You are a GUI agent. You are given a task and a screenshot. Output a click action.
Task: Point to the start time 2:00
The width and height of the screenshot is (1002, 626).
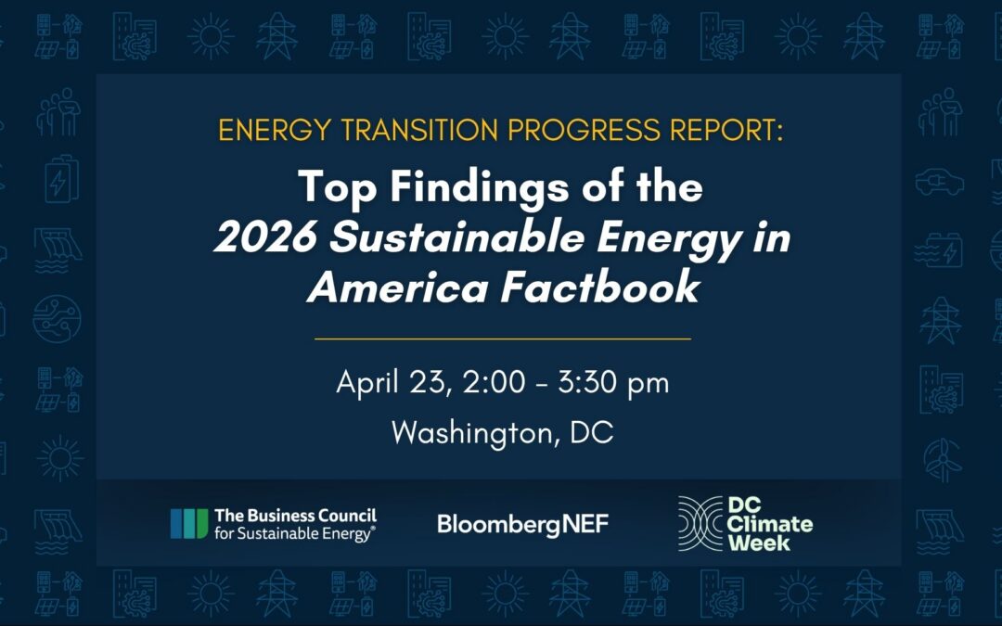pyautogui.click(x=497, y=383)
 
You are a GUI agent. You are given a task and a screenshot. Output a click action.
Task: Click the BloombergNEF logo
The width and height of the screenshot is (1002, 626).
pyautogui.click(x=522, y=524)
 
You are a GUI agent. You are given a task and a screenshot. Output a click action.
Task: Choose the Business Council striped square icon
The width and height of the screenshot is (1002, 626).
pyautogui.click(x=189, y=523)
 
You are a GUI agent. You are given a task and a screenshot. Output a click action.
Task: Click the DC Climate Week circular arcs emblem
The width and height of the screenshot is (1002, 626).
pyautogui.click(x=700, y=523)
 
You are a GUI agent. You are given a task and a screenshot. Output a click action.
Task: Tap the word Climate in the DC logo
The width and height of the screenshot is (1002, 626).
pyautogui.click(x=770, y=524)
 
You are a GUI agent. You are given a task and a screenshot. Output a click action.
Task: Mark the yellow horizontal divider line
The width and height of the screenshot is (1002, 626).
pyautogui.click(x=502, y=339)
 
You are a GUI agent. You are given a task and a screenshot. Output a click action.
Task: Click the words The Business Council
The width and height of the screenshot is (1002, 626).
pyautogui.click(x=295, y=516)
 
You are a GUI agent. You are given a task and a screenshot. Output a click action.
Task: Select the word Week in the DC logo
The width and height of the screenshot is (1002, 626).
pyautogui.click(x=759, y=542)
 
